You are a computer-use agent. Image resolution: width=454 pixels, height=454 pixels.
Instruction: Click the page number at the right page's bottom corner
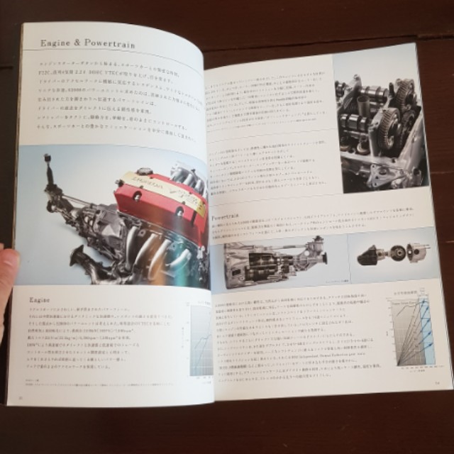[438, 384]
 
